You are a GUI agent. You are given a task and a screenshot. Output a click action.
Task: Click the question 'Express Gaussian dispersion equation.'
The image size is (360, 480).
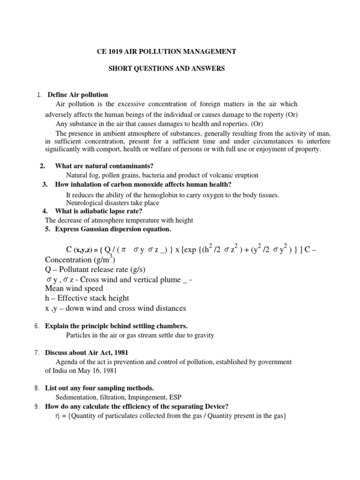pyautogui.click(x=108, y=229)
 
